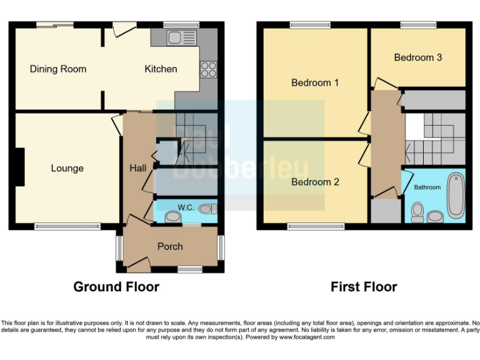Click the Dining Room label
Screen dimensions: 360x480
click(x=57, y=69)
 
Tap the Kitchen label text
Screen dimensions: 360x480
click(x=161, y=69)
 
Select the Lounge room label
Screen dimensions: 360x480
click(x=67, y=169)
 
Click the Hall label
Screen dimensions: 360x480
click(x=137, y=168)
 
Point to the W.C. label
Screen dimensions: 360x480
click(x=186, y=207)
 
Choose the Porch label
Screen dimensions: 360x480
click(x=169, y=247)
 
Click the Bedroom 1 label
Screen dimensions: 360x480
click(x=315, y=82)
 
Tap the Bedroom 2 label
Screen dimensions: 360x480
click(x=315, y=182)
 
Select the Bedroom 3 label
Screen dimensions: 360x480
click(x=418, y=57)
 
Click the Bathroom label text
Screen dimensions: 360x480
click(x=427, y=187)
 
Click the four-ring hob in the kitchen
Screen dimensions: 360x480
click(x=208, y=70)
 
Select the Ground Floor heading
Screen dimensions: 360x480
click(x=116, y=287)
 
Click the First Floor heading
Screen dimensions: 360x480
click(x=364, y=287)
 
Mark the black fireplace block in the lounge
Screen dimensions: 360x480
click(x=20, y=167)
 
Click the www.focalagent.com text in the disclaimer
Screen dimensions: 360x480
click(x=306, y=337)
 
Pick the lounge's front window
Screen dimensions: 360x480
click(x=67, y=227)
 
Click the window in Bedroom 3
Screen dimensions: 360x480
click(x=418, y=25)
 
